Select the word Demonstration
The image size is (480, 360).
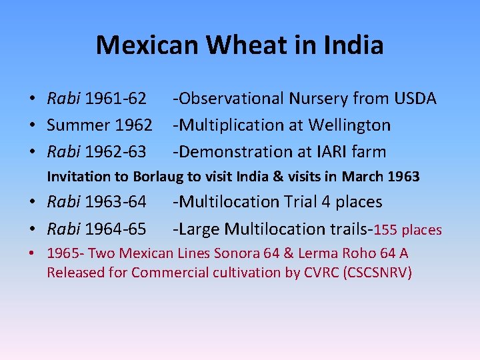click(234, 152)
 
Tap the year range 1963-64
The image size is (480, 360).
click(115, 201)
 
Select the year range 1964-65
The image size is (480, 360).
click(115, 229)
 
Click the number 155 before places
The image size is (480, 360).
click(386, 230)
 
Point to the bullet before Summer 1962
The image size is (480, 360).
click(32, 125)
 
